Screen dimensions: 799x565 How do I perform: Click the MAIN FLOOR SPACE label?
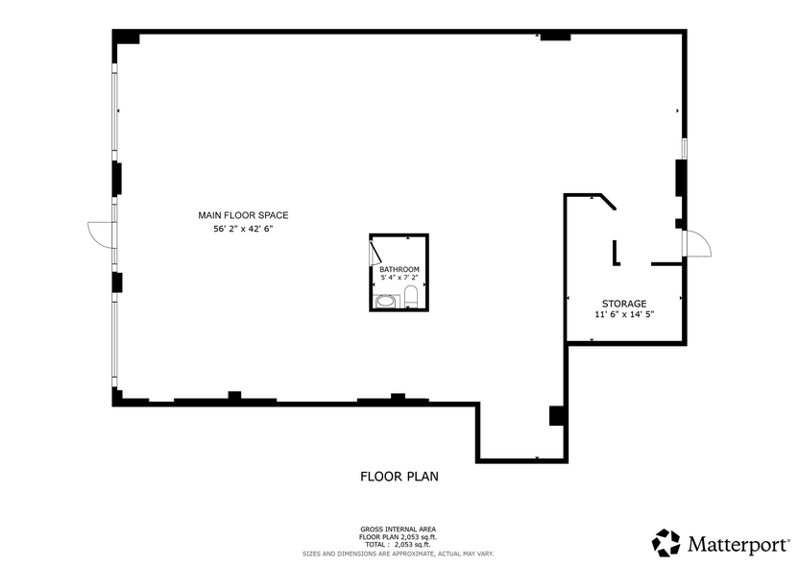243,215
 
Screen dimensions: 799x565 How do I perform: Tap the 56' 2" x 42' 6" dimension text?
243,229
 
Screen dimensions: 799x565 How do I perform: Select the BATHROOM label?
399,269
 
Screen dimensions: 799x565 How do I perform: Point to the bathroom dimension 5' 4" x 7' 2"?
399,278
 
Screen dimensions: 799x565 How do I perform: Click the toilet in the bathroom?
411,296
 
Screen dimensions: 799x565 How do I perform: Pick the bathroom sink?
385,302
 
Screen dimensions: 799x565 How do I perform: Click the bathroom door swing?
375,254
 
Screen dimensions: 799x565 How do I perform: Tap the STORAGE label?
624,304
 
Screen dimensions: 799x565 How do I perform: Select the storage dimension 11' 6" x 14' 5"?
624,314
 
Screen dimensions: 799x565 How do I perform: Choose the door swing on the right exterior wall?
697,243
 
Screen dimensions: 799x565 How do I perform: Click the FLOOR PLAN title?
399,477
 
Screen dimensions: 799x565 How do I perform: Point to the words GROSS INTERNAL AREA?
398,529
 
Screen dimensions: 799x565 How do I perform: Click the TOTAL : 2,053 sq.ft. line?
398,544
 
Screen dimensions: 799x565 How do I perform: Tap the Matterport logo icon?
666,543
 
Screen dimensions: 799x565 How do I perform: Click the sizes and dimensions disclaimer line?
398,553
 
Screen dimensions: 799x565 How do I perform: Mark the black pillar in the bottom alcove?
556,416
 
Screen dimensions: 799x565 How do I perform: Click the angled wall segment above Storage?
609,202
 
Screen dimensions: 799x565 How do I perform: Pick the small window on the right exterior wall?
685,148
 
